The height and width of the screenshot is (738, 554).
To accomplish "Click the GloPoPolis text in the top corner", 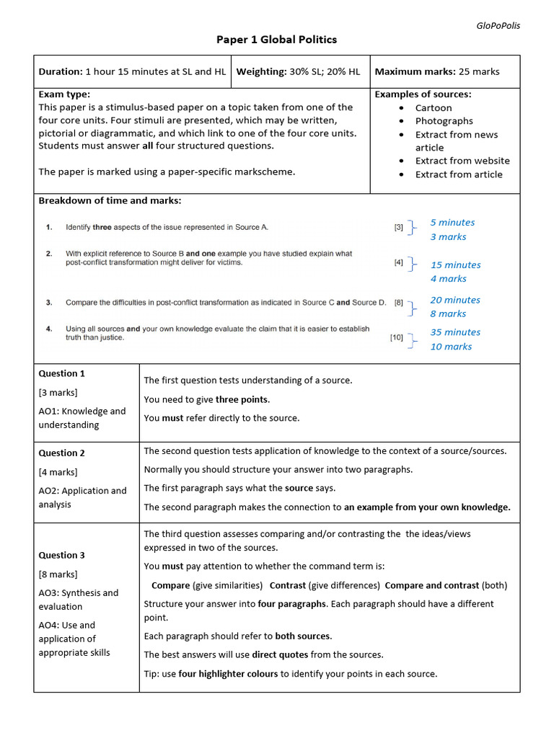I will tap(498, 25).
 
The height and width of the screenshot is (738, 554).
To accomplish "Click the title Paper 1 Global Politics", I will tap(276, 40).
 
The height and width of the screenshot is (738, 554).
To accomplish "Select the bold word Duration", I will tap(60, 71).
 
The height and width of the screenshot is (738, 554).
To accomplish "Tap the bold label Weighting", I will tap(261, 71).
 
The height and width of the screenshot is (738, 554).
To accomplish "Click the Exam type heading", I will tap(64, 94).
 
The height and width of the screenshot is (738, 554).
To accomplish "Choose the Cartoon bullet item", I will tap(434, 108).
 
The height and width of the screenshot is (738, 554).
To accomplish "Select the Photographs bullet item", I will tap(444, 121).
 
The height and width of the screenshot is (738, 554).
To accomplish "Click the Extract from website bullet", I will tap(462, 161).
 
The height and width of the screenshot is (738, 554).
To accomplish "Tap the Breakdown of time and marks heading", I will tap(110, 200).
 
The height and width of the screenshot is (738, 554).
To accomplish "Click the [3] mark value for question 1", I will tap(398, 227).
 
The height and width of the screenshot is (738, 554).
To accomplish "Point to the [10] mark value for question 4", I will tap(397, 337).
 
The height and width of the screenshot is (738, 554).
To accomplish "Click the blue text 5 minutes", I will tap(452, 223).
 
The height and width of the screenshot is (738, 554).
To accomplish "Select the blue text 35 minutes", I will tap(455, 332).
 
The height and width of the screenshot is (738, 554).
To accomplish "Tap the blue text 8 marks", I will tap(448, 314).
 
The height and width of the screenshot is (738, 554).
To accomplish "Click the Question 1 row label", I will tap(61, 373).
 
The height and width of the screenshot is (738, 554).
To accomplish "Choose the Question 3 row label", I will tap(61, 555).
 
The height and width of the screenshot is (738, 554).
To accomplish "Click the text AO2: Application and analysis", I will tap(82, 497).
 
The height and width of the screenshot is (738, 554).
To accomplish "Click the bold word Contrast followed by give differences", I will tap(288, 585).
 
